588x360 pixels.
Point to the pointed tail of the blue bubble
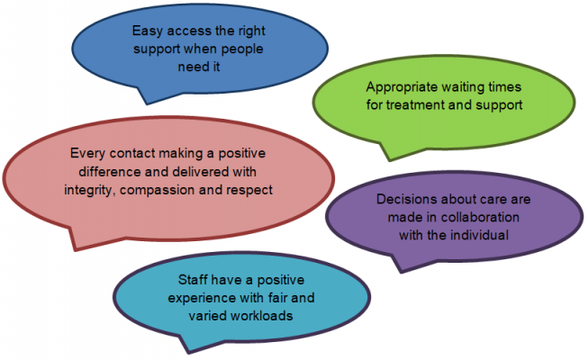(x=147, y=103)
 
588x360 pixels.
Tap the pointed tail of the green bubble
(x=390, y=160)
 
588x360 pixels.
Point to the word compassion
(x=158, y=191)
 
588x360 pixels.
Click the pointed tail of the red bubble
(x=75, y=249)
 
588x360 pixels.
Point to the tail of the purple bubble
(x=402, y=272)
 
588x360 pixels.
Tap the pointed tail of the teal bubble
(x=188, y=353)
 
